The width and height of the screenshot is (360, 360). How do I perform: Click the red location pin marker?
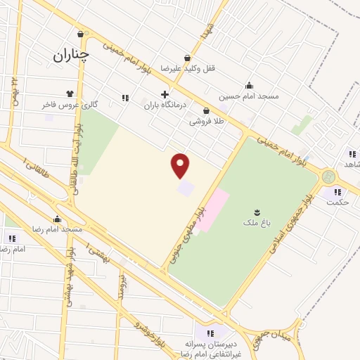point(181,166)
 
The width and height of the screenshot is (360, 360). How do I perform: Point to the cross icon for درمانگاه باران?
point(165,94)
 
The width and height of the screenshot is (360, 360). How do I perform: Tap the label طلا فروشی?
point(205,121)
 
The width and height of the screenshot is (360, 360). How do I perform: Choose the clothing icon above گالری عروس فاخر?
point(70,94)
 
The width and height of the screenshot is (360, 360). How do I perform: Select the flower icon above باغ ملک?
point(255,210)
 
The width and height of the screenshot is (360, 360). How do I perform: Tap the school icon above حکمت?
point(337,191)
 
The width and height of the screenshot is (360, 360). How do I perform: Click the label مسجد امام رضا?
point(57,229)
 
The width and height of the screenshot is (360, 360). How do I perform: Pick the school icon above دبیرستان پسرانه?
point(209,333)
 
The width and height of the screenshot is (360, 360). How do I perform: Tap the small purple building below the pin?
point(185,188)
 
